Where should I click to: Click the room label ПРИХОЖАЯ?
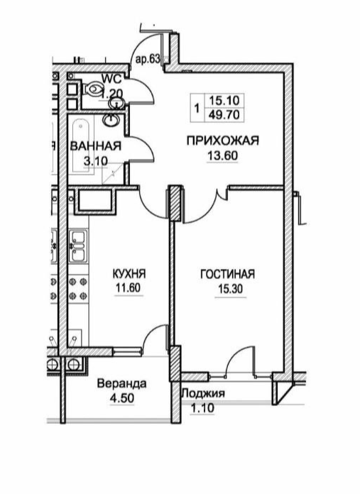click(222, 141)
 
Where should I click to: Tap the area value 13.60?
click(222, 155)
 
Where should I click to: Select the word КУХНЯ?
click(129, 273)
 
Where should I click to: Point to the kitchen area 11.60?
click(129, 288)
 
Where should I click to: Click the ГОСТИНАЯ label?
click(227, 274)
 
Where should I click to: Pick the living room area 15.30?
click(231, 289)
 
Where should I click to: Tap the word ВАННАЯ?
click(96, 146)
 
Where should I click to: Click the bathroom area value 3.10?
click(95, 161)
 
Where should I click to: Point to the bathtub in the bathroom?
click(81, 146)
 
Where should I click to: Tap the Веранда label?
click(121, 384)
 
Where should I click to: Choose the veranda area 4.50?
click(121, 398)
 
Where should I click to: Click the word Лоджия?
click(203, 393)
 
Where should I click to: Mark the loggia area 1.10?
click(202, 408)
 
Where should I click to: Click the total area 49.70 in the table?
click(225, 115)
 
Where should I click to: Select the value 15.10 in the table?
click(225, 101)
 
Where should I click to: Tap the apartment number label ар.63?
click(148, 60)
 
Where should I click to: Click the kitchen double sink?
click(77, 246)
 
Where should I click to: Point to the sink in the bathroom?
click(111, 119)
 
